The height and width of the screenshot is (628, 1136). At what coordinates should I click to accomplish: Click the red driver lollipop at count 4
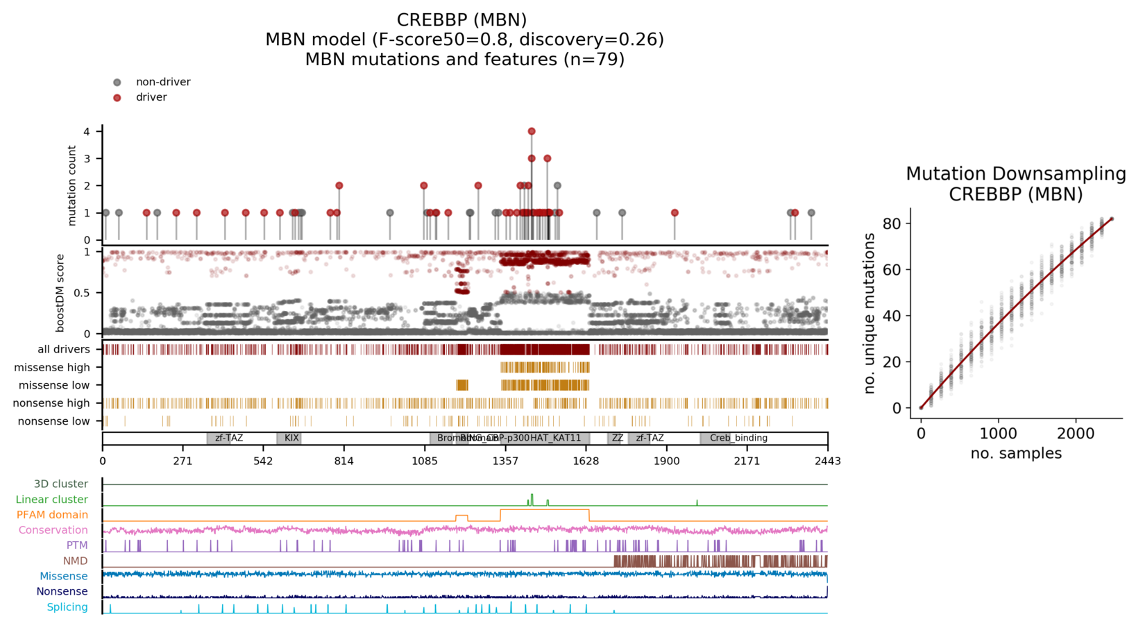click(532, 131)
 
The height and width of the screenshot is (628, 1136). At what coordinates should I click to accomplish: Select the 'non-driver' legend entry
click(162, 82)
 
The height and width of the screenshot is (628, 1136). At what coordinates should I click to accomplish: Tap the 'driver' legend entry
click(151, 97)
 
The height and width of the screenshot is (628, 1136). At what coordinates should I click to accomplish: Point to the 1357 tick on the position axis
click(505, 461)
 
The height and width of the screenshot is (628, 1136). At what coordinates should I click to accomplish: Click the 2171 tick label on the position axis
click(747, 461)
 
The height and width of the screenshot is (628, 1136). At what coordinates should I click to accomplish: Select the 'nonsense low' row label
click(53, 421)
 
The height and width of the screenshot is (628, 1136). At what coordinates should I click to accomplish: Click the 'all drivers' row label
click(64, 350)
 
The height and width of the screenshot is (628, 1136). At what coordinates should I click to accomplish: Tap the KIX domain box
click(289, 439)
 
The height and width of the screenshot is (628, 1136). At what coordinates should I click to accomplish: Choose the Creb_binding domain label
click(738, 439)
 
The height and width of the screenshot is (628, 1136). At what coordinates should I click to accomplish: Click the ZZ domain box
click(617, 439)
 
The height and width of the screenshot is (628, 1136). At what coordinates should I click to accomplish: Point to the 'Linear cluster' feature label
click(52, 500)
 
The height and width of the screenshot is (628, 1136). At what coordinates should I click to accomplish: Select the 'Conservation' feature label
click(53, 530)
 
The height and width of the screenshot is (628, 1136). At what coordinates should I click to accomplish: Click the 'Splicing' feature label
click(67, 607)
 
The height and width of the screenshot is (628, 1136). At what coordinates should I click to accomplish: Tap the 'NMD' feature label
click(76, 561)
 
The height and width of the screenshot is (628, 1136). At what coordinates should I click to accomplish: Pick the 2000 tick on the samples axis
click(1076, 434)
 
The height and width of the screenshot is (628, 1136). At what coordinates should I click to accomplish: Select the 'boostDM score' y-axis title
click(60, 293)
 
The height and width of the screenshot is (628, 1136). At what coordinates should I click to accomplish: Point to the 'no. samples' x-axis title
click(1015, 454)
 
